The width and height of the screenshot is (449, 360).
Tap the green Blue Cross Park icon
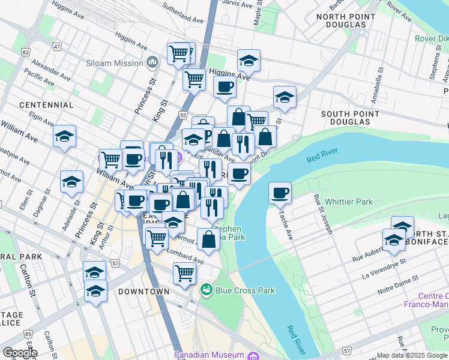point(207,290)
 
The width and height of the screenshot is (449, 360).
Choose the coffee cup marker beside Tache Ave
point(280,194)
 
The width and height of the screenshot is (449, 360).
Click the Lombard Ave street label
point(186,256)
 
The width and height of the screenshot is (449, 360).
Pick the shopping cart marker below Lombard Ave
point(185,273)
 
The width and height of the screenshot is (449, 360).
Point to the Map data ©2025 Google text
point(411,355)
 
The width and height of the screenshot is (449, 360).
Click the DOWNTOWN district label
point(143,292)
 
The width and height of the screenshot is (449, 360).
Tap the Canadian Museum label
point(211,354)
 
